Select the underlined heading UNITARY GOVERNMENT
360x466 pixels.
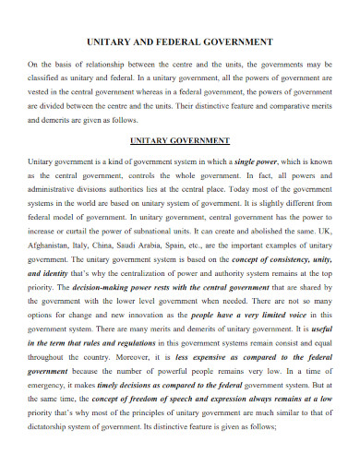click(x=179, y=140)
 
